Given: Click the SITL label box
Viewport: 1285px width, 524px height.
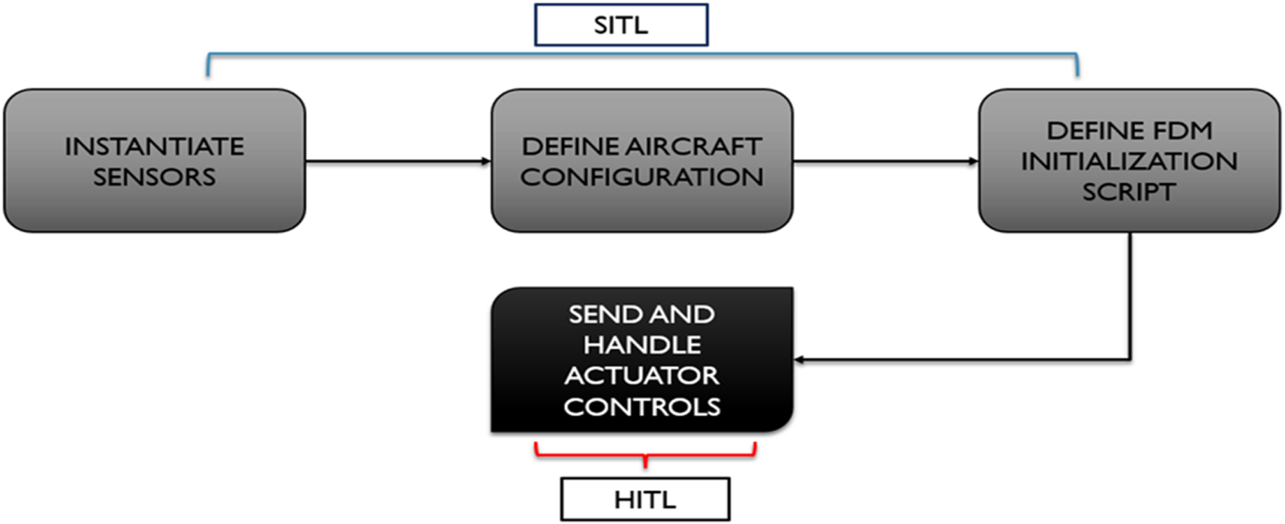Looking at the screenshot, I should pyautogui.click(x=621, y=25).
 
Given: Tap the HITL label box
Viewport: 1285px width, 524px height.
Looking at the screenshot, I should pyautogui.click(x=645, y=499).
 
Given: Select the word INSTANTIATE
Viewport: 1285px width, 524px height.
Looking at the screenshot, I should pyautogui.click(x=154, y=147).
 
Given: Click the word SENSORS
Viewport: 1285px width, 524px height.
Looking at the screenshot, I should pyautogui.click(x=154, y=177).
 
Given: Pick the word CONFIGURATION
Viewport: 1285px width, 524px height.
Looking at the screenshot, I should pyautogui.click(x=642, y=177).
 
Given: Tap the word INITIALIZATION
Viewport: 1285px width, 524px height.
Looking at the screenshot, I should pyautogui.click(x=1129, y=161).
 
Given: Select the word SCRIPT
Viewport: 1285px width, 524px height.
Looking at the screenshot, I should pyautogui.click(x=1129, y=192).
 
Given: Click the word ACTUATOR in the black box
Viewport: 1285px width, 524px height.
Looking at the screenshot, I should pyautogui.click(x=642, y=376).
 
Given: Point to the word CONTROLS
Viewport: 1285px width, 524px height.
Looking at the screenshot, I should pyautogui.click(x=642, y=407).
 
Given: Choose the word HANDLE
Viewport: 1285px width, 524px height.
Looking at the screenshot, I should pyautogui.click(x=642, y=345).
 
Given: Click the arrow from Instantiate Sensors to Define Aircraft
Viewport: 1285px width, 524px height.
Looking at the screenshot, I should pyautogui.click(x=397, y=161).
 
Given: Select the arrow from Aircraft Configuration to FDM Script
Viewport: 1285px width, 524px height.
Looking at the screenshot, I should pyautogui.click(x=885, y=161).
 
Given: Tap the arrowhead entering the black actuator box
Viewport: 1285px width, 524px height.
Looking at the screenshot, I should pyautogui.click(x=799, y=359).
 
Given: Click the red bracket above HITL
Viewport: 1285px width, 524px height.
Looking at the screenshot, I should pyautogui.click(x=645, y=455).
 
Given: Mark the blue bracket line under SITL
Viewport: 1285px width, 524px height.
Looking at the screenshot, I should pyautogui.click(x=642, y=54).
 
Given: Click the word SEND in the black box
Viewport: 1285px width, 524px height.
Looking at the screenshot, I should pyautogui.click(x=601, y=314).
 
